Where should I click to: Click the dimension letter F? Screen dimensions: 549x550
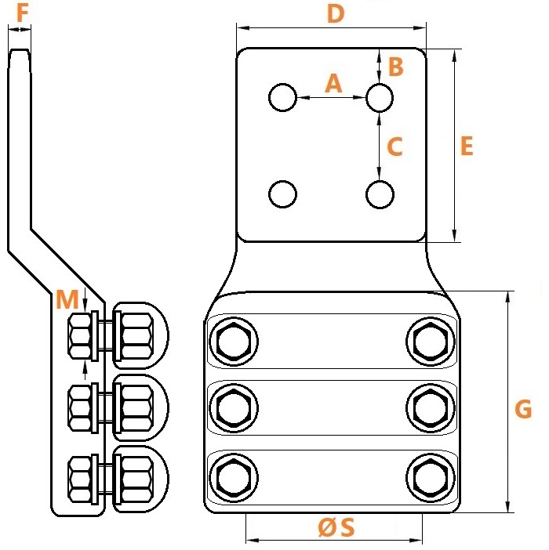[x=23, y=13]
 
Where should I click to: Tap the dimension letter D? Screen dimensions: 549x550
[x=336, y=14]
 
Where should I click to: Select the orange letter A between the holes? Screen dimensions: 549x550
[x=333, y=84]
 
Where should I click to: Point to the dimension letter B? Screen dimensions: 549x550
[x=396, y=67]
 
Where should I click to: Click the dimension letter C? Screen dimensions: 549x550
[x=394, y=147]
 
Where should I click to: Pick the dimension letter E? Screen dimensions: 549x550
[x=467, y=146]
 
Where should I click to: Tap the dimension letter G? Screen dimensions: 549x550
[x=523, y=409]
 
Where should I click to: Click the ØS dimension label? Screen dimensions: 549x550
[x=336, y=527]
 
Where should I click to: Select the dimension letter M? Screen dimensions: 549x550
[x=67, y=299]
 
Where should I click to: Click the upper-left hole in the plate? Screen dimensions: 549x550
[x=282, y=97]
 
